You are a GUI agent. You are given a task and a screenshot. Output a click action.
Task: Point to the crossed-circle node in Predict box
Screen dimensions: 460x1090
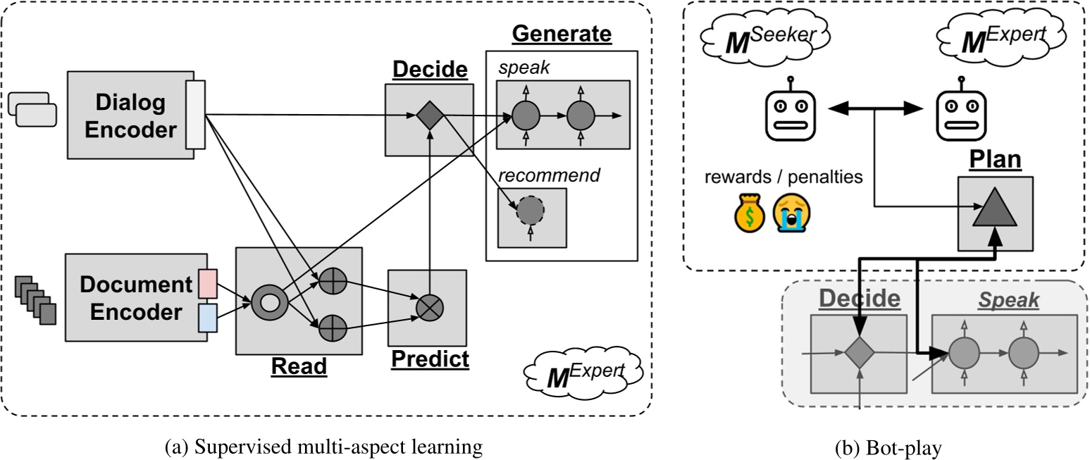point(428,307)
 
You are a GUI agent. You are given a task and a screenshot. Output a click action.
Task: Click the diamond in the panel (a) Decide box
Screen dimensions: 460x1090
point(428,115)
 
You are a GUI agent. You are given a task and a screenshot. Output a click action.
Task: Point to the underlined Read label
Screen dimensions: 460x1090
point(299,366)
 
